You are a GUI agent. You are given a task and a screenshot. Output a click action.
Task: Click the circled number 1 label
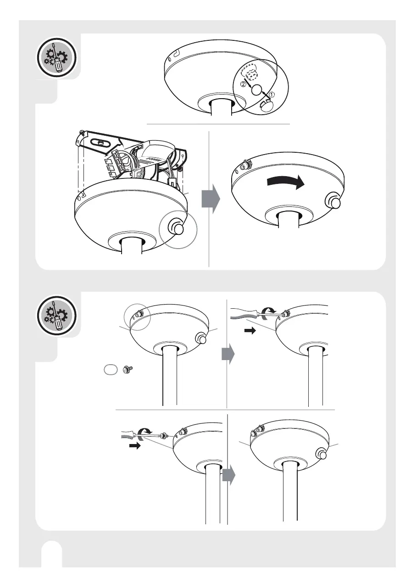tap(271, 94)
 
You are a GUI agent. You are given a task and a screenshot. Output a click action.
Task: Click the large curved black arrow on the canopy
tap(285, 181)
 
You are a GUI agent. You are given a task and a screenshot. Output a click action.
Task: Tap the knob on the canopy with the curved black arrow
tap(333, 201)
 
